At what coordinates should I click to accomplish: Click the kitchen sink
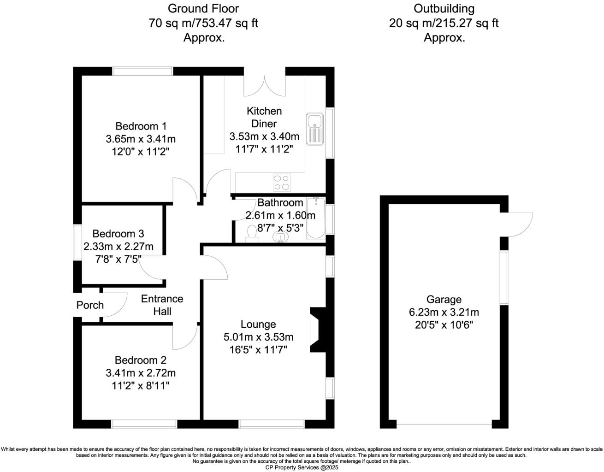(315, 129)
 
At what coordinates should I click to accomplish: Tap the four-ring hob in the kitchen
(282, 182)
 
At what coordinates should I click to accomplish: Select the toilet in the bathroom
(252, 234)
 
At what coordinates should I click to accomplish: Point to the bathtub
(316, 218)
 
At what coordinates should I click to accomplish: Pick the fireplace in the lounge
(318, 330)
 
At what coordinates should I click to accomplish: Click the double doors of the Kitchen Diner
(265, 86)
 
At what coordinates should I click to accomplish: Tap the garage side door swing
(516, 224)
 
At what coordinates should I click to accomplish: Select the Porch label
(90, 305)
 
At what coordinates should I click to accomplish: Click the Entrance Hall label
(162, 305)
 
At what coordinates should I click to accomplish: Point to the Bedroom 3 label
(118, 234)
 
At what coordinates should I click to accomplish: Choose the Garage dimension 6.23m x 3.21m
(444, 312)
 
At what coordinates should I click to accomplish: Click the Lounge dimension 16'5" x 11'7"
(258, 350)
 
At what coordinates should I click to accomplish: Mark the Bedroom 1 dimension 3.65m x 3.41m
(141, 139)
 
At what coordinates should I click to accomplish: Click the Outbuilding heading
(444, 9)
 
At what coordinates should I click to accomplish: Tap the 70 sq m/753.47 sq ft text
(203, 23)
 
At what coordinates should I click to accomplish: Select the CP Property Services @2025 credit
(302, 467)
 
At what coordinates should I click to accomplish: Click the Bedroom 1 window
(142, 71)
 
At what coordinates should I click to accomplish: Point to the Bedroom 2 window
(144, 424)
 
